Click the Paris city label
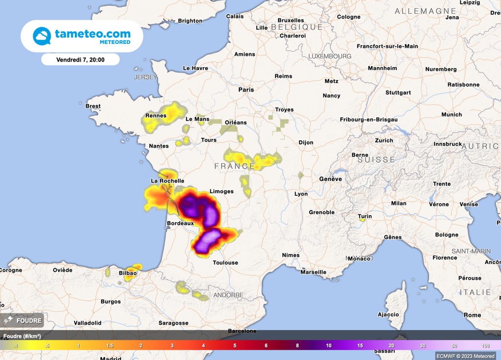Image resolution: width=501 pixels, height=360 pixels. (246, 90)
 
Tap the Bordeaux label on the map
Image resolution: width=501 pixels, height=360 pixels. (180, 223)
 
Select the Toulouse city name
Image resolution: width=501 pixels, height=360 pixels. (225, 263)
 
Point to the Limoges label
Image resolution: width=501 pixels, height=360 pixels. (222, 191)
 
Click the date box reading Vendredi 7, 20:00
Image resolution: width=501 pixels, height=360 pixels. (80, 60)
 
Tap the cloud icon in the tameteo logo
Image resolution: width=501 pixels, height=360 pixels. (42, 36)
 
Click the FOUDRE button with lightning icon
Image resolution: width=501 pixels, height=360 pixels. (23, 320)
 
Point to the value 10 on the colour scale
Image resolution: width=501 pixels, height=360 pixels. (329, 346)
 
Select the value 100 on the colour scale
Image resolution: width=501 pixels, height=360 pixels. (485, 346)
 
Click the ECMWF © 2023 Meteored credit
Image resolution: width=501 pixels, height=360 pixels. (465, 356)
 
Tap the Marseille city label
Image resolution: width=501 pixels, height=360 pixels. (313, 272)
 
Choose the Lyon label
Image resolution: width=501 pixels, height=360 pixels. (301, 194)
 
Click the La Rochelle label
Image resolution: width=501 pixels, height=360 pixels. (167, 181)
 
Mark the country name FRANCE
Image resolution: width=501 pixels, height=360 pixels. (234, 166)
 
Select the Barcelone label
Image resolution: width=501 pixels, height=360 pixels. (242, 331)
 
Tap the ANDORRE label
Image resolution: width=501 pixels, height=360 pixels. (228, 295)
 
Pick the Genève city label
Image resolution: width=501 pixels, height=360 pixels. (330, 179)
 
